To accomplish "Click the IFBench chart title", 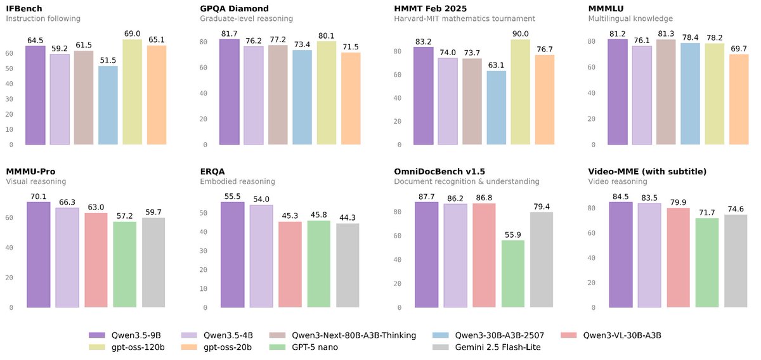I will click(25, 9).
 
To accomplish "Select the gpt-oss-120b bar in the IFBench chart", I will click(133, 93).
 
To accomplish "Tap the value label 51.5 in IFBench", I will click(108, 60).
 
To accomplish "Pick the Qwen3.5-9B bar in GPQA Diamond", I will click(229, 93).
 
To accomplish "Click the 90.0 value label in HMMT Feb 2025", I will click(520, 34).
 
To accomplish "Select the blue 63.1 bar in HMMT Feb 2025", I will click(496, 108).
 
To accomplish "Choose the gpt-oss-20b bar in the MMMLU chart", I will click(739, 100).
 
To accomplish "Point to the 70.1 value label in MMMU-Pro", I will click(39, 196).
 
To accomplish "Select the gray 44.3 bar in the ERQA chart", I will click(348, 266).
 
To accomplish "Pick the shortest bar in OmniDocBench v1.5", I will click(512, 274).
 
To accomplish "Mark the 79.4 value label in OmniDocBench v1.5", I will click(541, 206).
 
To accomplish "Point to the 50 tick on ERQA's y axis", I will click(206, 213).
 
